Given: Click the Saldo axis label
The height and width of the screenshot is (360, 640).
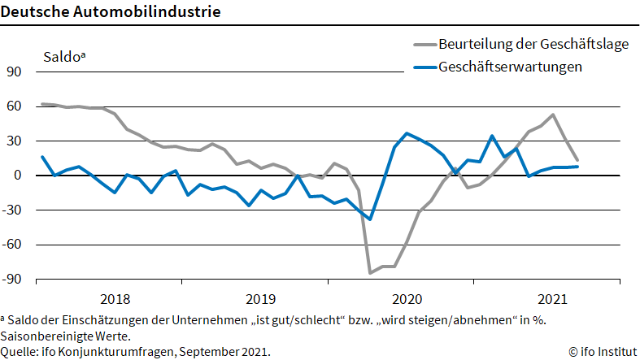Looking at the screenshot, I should [63, 57].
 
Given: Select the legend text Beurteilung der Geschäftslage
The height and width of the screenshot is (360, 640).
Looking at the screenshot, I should [533, 45].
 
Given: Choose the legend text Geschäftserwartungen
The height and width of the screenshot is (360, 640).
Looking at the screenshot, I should [510, 67].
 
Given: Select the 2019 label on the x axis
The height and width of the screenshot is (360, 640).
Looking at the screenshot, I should [260, 297].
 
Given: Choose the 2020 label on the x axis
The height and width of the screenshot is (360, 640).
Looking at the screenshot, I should [407, 297].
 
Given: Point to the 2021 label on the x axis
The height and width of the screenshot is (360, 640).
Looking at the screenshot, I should [553, 297].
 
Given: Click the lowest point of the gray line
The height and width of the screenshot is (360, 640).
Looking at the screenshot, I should [370, 272].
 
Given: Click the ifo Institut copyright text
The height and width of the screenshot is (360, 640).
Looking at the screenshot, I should [602, 351].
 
